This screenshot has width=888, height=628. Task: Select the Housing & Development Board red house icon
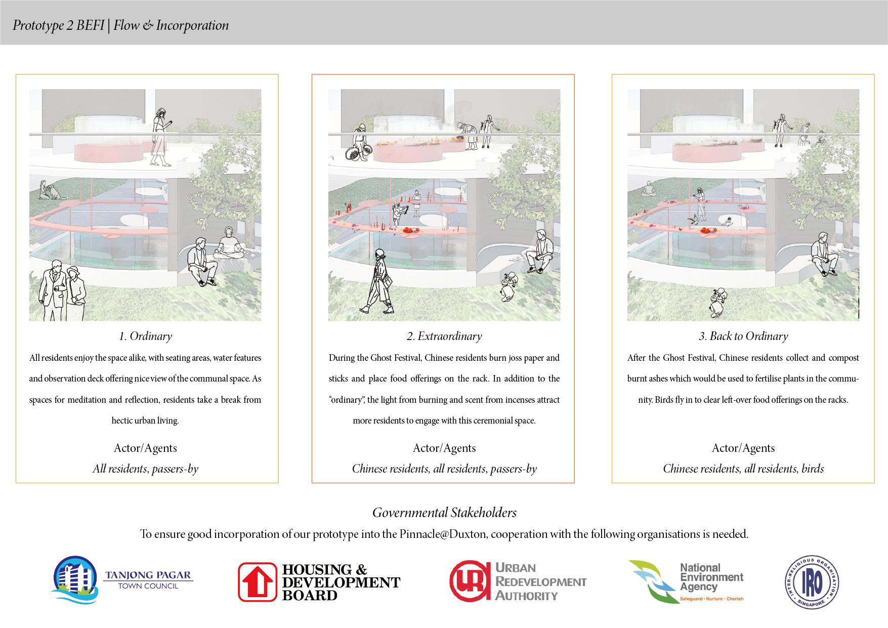pos(258,582)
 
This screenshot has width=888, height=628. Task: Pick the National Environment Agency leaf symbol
pos(651,581)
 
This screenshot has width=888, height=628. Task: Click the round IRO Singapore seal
pos(812,581)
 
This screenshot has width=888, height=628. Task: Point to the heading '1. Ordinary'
pos(145,336)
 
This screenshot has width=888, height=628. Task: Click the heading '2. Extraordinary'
pos(444,336)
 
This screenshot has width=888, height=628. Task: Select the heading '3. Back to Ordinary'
pos(743,336)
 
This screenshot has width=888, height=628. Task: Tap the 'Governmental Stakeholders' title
pos(444,513)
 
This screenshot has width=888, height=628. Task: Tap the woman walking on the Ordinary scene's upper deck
pos(160,136)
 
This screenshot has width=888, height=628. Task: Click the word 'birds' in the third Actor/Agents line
pos(813,469)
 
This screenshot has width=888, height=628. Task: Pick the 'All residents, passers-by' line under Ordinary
pos(145,469)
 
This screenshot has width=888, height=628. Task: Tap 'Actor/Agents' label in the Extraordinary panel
pos(444,448)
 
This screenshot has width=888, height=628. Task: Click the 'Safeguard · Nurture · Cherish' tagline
pos(711,599)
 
